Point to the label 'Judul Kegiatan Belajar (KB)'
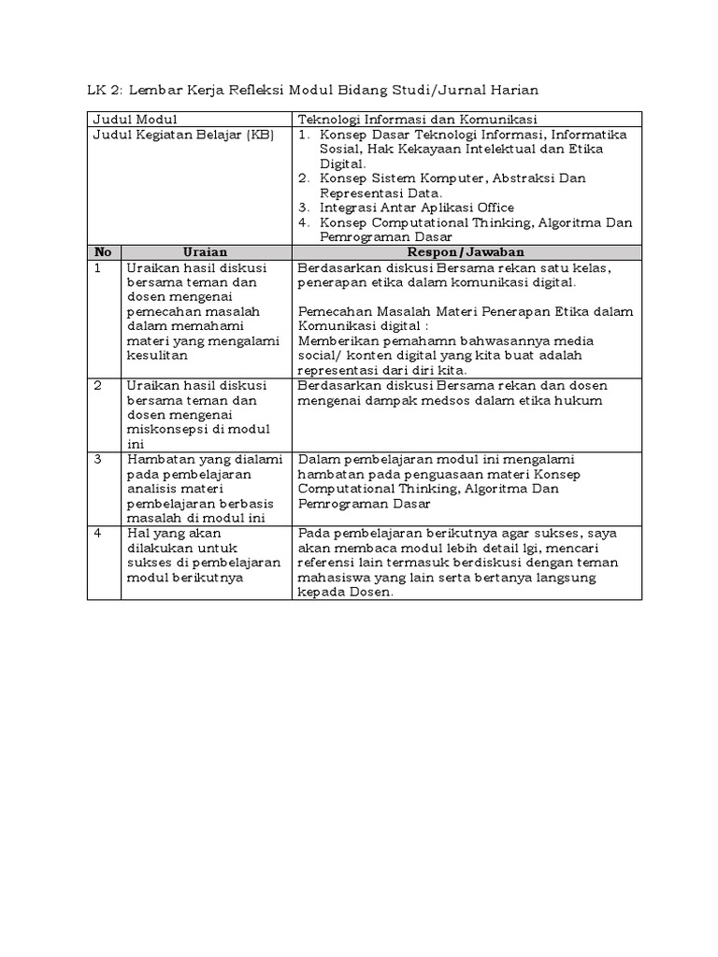(x=180, y=135)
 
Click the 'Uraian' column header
(x=205, y=252)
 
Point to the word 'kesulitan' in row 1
(x=157, y=355)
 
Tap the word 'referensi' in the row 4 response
(x=326, y=563)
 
